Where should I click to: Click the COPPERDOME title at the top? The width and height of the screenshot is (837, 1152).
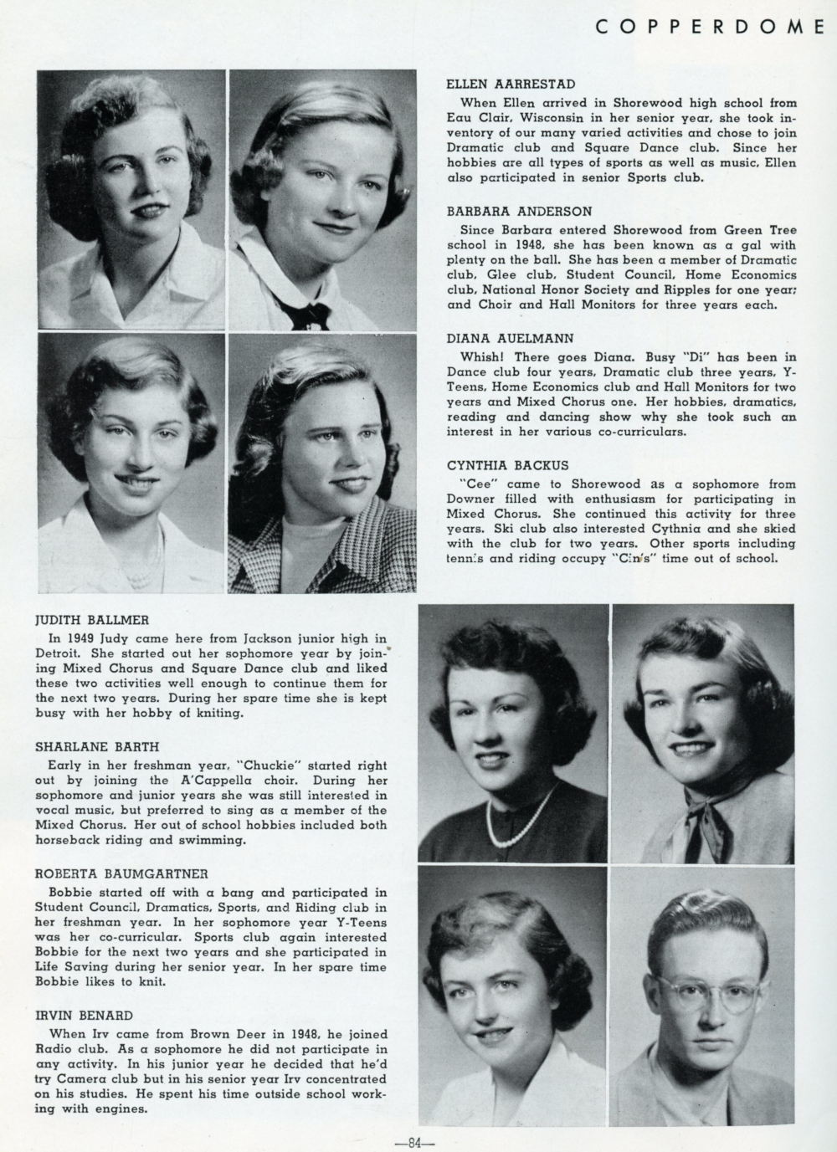click(x=711, y=28)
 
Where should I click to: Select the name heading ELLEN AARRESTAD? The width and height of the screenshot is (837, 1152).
click(x=511, y=84)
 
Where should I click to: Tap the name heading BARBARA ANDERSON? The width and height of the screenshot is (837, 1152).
click(x=519, y=212)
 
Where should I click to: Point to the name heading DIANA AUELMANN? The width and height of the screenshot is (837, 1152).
click(x=510, y=339)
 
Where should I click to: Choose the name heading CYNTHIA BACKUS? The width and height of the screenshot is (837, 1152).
click(x=508, y=466)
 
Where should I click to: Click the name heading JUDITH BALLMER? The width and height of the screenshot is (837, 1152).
click(x=91, y=620)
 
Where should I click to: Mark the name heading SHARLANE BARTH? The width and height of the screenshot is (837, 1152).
click(x=97, y=746)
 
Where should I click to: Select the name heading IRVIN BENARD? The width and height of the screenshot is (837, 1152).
click(x=84, y=1015)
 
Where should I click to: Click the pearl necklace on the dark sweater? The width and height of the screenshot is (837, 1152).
click(x=511, y=821)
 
